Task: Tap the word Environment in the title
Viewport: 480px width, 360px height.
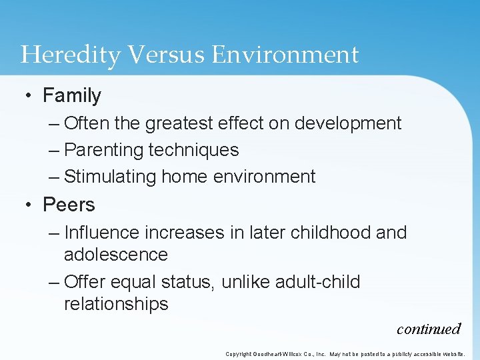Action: (x=285, y=55)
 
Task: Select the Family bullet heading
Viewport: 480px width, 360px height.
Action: (x=72, y=96)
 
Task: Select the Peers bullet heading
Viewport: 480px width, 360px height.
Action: (x=69, y=205)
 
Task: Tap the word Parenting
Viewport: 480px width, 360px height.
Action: (x=103, y=150)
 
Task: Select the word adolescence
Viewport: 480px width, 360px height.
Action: (x=116, y=255)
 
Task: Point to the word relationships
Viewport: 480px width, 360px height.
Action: (x=116, y=304)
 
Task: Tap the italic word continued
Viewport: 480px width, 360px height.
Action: (x=428, y=329)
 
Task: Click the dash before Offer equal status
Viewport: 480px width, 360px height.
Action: (x=55, y=282)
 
